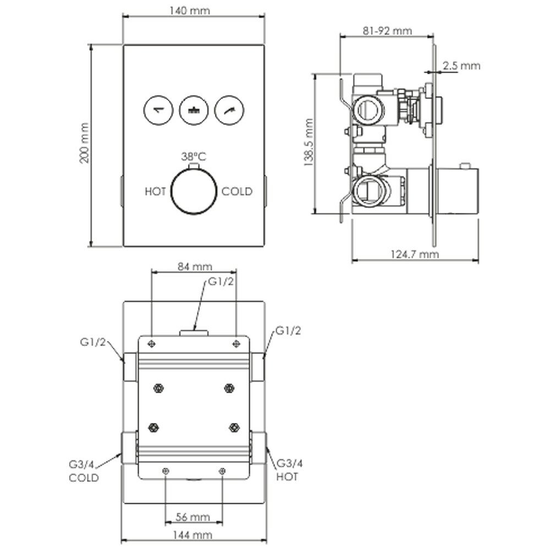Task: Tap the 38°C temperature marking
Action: click(x=193, y=156)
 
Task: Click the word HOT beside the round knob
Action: click(x=156, y=191)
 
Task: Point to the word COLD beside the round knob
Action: click(x=237, y=191)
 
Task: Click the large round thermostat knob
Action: click(x=193, y=191)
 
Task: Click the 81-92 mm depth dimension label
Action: click(x=387, y=31)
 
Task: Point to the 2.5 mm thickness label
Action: click(x=461, y=66)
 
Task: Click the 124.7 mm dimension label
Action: click(x=415, y=254)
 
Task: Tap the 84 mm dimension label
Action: click(x=194, y=267)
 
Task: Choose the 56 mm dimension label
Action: click(x=194, y=517)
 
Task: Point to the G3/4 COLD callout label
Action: click(x=84, y=471)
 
